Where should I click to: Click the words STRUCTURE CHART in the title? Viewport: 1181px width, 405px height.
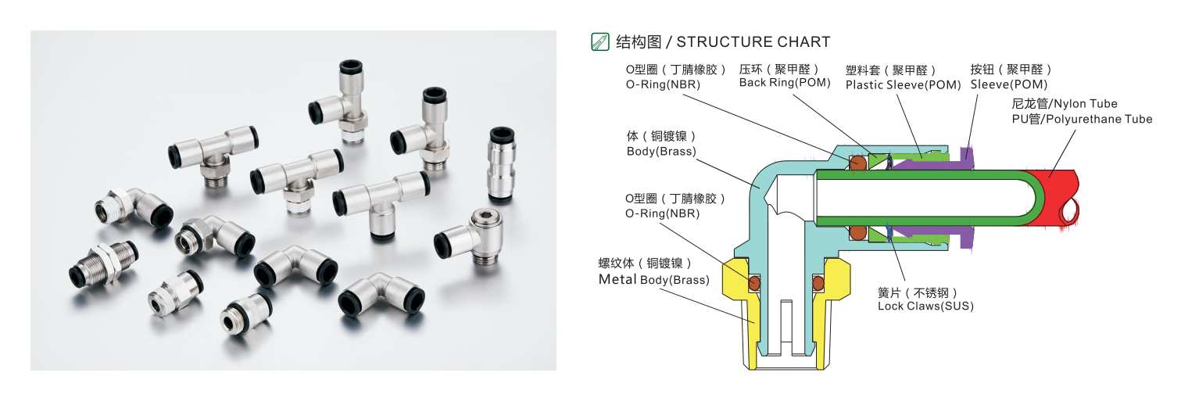(753, 42)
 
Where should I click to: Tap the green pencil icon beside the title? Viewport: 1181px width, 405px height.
(600, 42)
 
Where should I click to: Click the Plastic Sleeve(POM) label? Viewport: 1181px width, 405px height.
(903, 84)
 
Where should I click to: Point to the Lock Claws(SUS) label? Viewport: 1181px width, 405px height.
(925, 306)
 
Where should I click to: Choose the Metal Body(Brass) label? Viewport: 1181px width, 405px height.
(653, 279)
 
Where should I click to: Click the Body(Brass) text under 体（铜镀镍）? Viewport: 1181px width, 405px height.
(660, 151)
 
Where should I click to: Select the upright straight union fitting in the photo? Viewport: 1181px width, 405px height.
(502, 165)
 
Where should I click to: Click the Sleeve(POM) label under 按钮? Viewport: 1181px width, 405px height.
(1008, 84)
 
